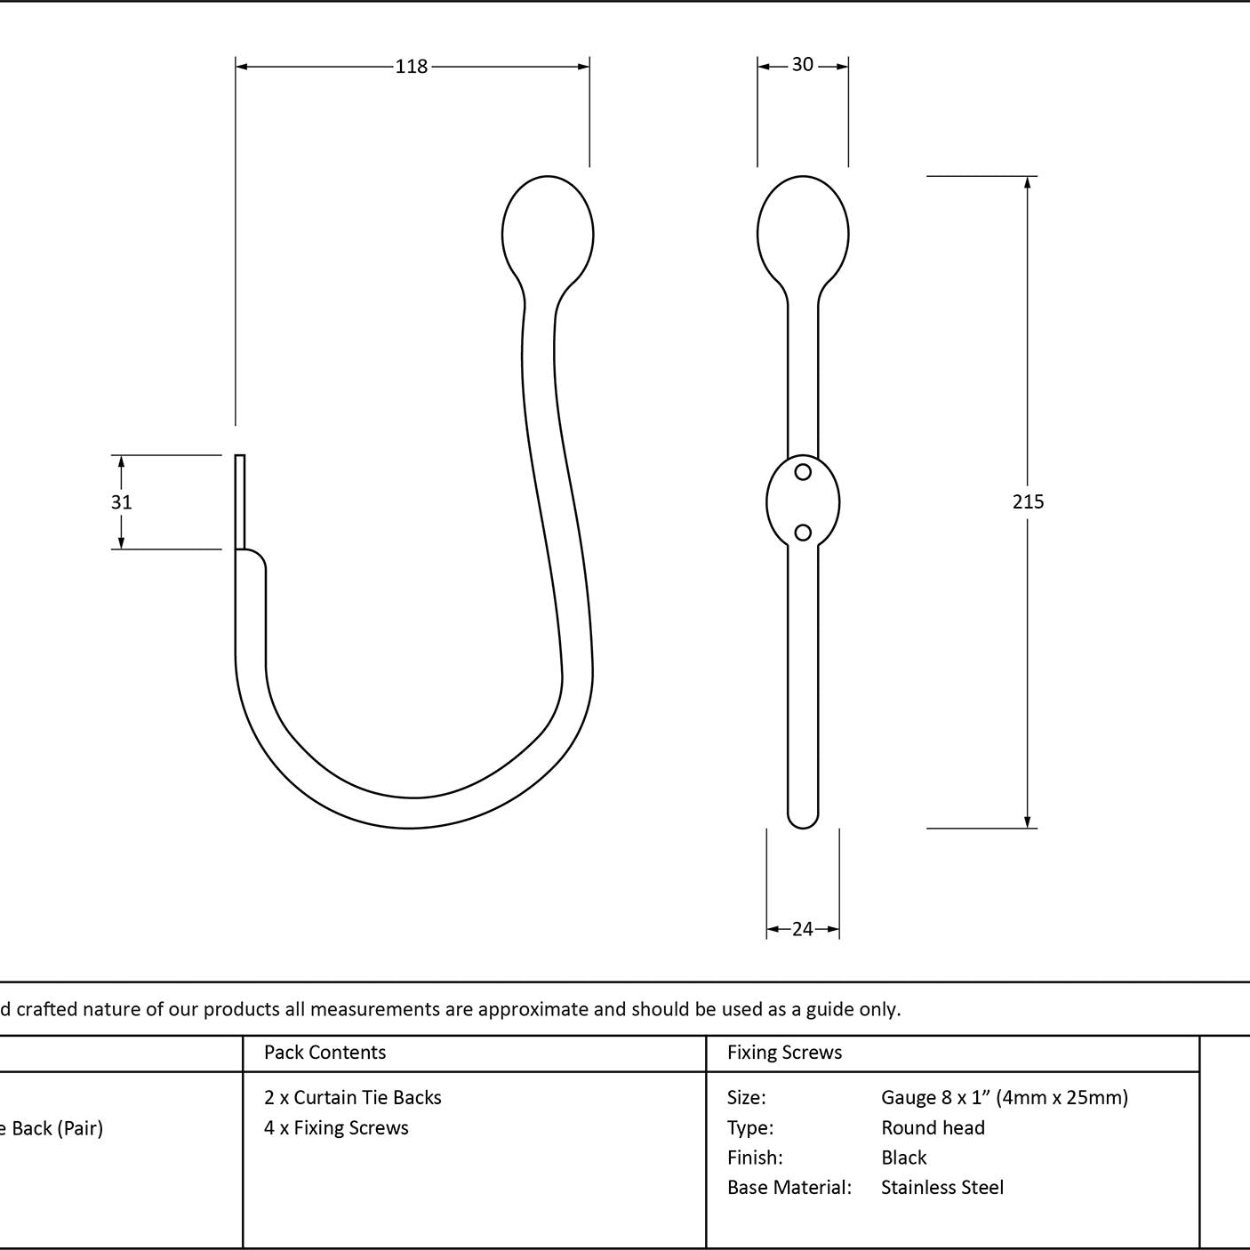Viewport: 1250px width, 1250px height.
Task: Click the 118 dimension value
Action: click(412, 66)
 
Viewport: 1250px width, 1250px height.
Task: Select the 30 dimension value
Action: click(803, 64)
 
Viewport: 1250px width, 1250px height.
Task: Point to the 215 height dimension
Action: click(1028, 501)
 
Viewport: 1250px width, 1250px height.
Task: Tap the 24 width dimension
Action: click(803, 930)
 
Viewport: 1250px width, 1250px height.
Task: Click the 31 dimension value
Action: click(121, 502)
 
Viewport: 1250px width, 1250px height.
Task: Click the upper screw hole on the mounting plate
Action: click(803, 472)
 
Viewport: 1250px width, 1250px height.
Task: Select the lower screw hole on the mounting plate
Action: click(803, 533)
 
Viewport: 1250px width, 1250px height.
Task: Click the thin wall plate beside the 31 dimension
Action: click(240, 502)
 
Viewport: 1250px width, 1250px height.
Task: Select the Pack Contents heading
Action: click(325, 1052)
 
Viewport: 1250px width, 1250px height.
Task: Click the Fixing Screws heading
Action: click(784, 1052)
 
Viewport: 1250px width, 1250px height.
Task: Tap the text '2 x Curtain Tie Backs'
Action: click(352, 1098)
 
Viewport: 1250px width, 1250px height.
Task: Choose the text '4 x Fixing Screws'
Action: click(336, 1128)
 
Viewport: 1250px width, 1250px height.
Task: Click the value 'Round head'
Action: click(933, 1128)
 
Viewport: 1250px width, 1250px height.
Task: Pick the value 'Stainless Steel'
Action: click(942, 1188)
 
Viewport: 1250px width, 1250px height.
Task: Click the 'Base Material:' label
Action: click(789, 1188)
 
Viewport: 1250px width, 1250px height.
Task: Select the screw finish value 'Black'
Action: click(903, 1158)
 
